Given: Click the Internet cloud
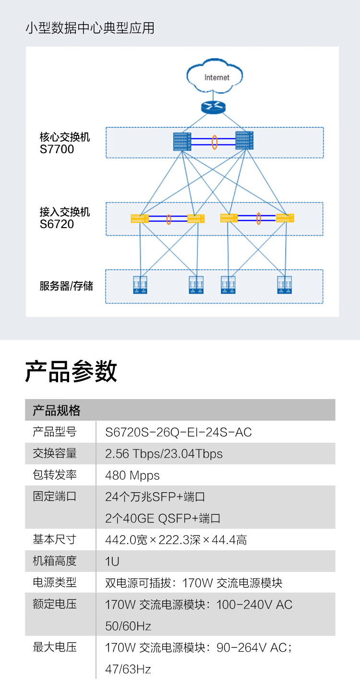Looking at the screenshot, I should coord(216,76).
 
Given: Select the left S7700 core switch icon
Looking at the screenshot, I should coord(182,141).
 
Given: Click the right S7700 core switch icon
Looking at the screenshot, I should coord(245,140).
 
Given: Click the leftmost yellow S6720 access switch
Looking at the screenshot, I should coord(140,219).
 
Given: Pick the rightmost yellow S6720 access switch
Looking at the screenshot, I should coord(285,218).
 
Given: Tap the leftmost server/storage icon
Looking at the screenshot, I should coord(140,285).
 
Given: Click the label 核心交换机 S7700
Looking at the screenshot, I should coord(64,143).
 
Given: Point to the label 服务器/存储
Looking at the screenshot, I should coord(66,287).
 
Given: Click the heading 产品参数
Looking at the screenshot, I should coord(71,372).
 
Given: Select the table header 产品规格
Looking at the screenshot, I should coord(57,411).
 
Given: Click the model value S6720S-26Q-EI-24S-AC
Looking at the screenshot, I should coord(178,432).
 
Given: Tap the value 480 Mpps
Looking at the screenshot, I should coord(132,475).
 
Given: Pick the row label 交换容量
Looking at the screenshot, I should coord(55,453).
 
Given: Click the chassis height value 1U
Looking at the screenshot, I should coord(112,561).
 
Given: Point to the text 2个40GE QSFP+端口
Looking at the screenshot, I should coord(163,519).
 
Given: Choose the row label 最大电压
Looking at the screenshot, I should coord(55,647).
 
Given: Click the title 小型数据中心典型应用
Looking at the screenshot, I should coord(90,28).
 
